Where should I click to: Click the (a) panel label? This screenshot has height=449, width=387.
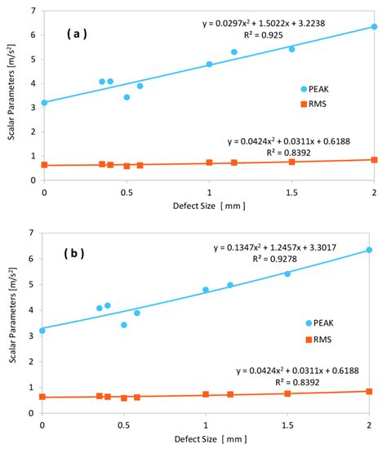click(x=79, y=37)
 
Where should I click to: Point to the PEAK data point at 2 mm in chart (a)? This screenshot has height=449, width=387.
click(x=374, y=27)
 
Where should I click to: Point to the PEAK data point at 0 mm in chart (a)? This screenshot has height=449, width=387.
click(x=44, y=103)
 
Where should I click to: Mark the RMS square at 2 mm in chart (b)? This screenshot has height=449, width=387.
click(x=369, y=392)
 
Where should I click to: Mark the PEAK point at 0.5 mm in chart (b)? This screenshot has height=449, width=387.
click(x=124, y=325)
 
